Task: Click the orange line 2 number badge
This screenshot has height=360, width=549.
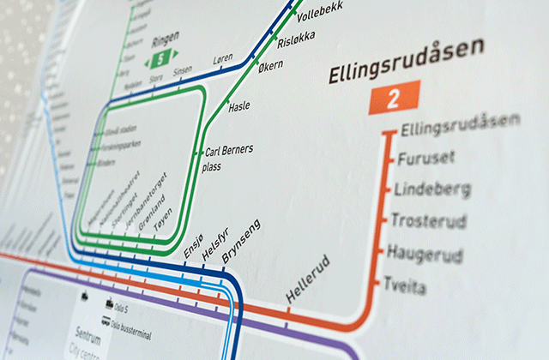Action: coord(394,99)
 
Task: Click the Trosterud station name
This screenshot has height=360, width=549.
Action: coord(428,222)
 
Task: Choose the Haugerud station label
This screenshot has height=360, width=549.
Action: coord(425,255)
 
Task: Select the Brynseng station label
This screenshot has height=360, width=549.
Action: coord(240,241)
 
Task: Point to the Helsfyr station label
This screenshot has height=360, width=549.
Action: coord(214,244)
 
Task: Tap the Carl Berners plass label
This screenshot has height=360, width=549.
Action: coord(228,159)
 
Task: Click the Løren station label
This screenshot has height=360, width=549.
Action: coord(222,61)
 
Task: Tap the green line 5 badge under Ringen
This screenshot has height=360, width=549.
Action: coord(159,59)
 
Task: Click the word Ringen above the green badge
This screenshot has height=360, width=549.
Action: coord(165,40)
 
